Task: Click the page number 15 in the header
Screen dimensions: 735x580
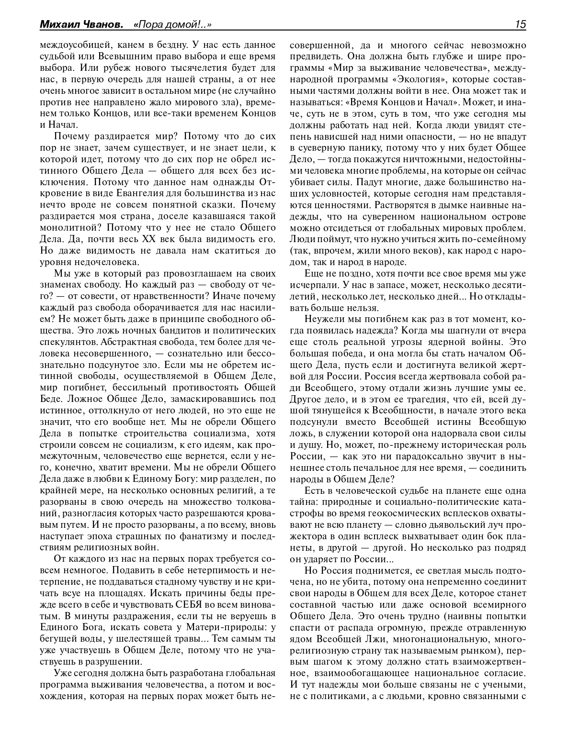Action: click(x=521, y=24)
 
